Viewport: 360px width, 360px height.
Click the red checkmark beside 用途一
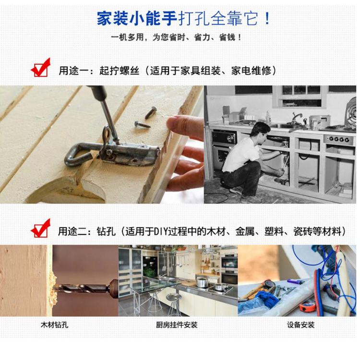click(41, 68)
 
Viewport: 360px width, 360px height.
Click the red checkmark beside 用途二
click(41, 228)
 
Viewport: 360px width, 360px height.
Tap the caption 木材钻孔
click(54, 325)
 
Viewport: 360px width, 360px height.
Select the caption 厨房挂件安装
click(177, 325)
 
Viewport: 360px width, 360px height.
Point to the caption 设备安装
click(300, 325)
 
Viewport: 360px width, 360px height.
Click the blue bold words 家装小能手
click(137, 18)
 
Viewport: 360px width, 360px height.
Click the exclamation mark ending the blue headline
click(267, 18)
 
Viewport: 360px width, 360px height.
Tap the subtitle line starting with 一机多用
click(176, 37)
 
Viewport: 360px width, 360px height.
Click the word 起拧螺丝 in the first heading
click(119, 71)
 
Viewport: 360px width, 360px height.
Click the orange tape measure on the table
click(307, 307)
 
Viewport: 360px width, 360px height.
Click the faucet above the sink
click(296, 118)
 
